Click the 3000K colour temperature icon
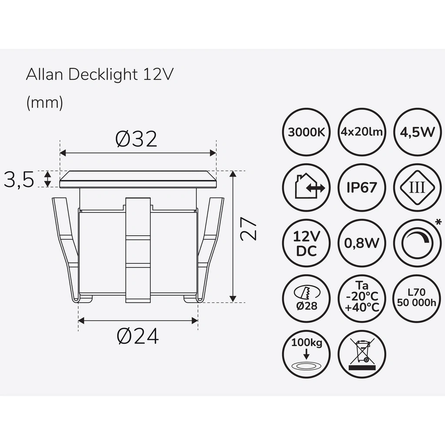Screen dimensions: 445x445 click(x=306, y=132)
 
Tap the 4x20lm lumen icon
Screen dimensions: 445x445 click(x=362, y=132)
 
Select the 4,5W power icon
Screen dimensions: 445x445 click(x=416, y=132)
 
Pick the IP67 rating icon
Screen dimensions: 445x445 click(x=362, y=187)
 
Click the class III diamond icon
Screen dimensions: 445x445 click(x=416, y=187)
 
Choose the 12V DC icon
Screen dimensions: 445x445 click(x=306, y=243)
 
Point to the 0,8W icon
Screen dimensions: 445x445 click(x=362, y=243)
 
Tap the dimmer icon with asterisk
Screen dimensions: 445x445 click(x=416, y=243)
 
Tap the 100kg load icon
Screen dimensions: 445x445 click(x=306, y=354)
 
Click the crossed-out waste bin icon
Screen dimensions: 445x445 click(x=362, y=354)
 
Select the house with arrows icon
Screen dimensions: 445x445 click(x=306, y=187)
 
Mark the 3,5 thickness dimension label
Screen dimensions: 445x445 click(x=19, y=179)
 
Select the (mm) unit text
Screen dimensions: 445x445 click(x=45, y=103)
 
